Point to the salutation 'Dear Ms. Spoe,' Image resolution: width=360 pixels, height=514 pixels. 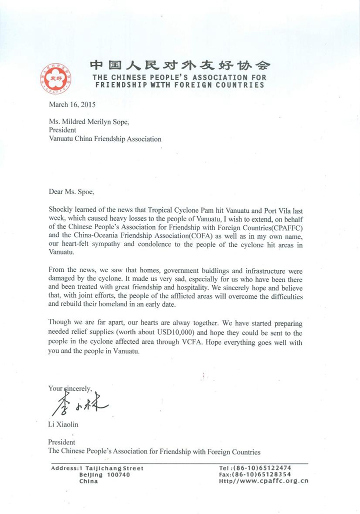tap(71, 191)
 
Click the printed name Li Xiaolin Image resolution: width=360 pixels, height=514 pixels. tap(63, 425)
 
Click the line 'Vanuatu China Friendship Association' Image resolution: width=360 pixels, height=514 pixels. tap(104, 139)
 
